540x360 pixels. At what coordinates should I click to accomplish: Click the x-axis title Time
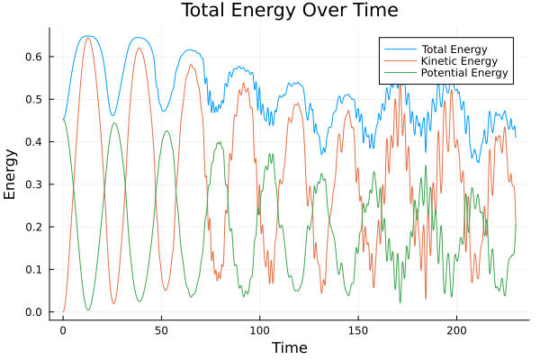pos(290,347)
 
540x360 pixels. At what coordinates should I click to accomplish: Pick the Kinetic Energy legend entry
pos(454,59)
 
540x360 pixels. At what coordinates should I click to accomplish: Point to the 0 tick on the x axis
pos(63,330)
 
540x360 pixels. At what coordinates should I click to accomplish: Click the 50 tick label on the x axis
pos(161,330)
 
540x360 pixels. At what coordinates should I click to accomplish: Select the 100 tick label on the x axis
pos(260,330)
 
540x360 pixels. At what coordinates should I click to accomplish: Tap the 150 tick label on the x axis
pos(358,330)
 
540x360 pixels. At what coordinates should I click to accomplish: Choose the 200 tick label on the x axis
pos(457,330)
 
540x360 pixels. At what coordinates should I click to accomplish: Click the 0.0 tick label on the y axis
pos(33,312)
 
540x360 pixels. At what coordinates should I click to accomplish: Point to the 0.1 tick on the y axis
pos(33,270)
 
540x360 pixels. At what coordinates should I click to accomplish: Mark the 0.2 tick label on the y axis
pos(33,227)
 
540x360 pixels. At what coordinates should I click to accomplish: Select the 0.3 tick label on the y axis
pos(33,184)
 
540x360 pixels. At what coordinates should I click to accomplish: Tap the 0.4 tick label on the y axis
pos(33,142)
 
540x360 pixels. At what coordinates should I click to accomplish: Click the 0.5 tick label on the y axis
pos(33,99)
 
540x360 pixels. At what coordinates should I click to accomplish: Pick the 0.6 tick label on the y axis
pos(33,57)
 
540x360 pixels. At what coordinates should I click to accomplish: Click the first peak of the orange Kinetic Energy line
pos(87,38)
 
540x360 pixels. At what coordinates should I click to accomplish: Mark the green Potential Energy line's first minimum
pos(88,310)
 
